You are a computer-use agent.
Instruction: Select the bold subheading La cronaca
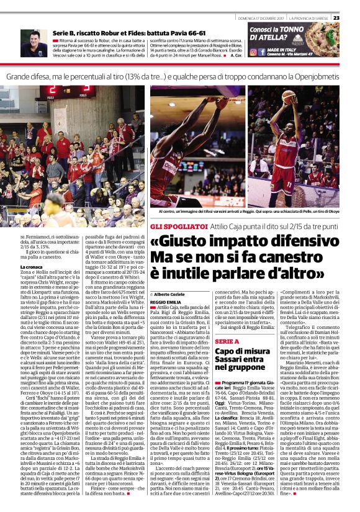pos(32,266)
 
